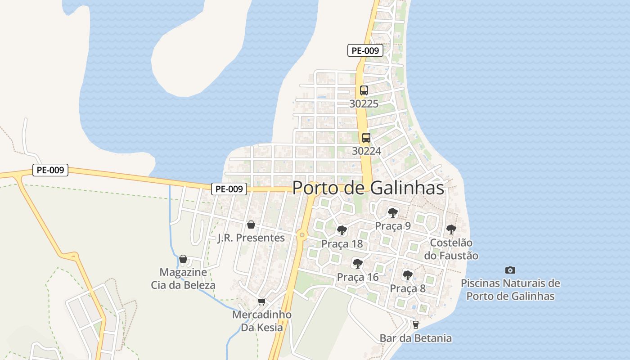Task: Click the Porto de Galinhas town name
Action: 368,188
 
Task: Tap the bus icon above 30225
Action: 364,90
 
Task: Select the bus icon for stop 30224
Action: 366,137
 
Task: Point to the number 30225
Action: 364,104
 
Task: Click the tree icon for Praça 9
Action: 393,212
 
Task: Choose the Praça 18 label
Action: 342,244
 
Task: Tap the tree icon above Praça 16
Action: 358,263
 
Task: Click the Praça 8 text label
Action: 408,288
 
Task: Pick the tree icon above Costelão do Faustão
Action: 451,229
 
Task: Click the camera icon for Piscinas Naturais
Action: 510,270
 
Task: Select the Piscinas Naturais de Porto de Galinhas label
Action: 510,290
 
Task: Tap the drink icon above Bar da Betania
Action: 415,324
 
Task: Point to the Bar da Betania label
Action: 415,338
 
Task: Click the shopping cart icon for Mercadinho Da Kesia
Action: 261,301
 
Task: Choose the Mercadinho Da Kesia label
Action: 262,321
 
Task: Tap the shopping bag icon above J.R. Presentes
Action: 251,224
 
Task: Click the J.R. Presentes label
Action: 251,238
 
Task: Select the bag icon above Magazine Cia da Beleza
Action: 183,259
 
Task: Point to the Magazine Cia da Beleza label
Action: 183,279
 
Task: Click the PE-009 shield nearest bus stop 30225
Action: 365,51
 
